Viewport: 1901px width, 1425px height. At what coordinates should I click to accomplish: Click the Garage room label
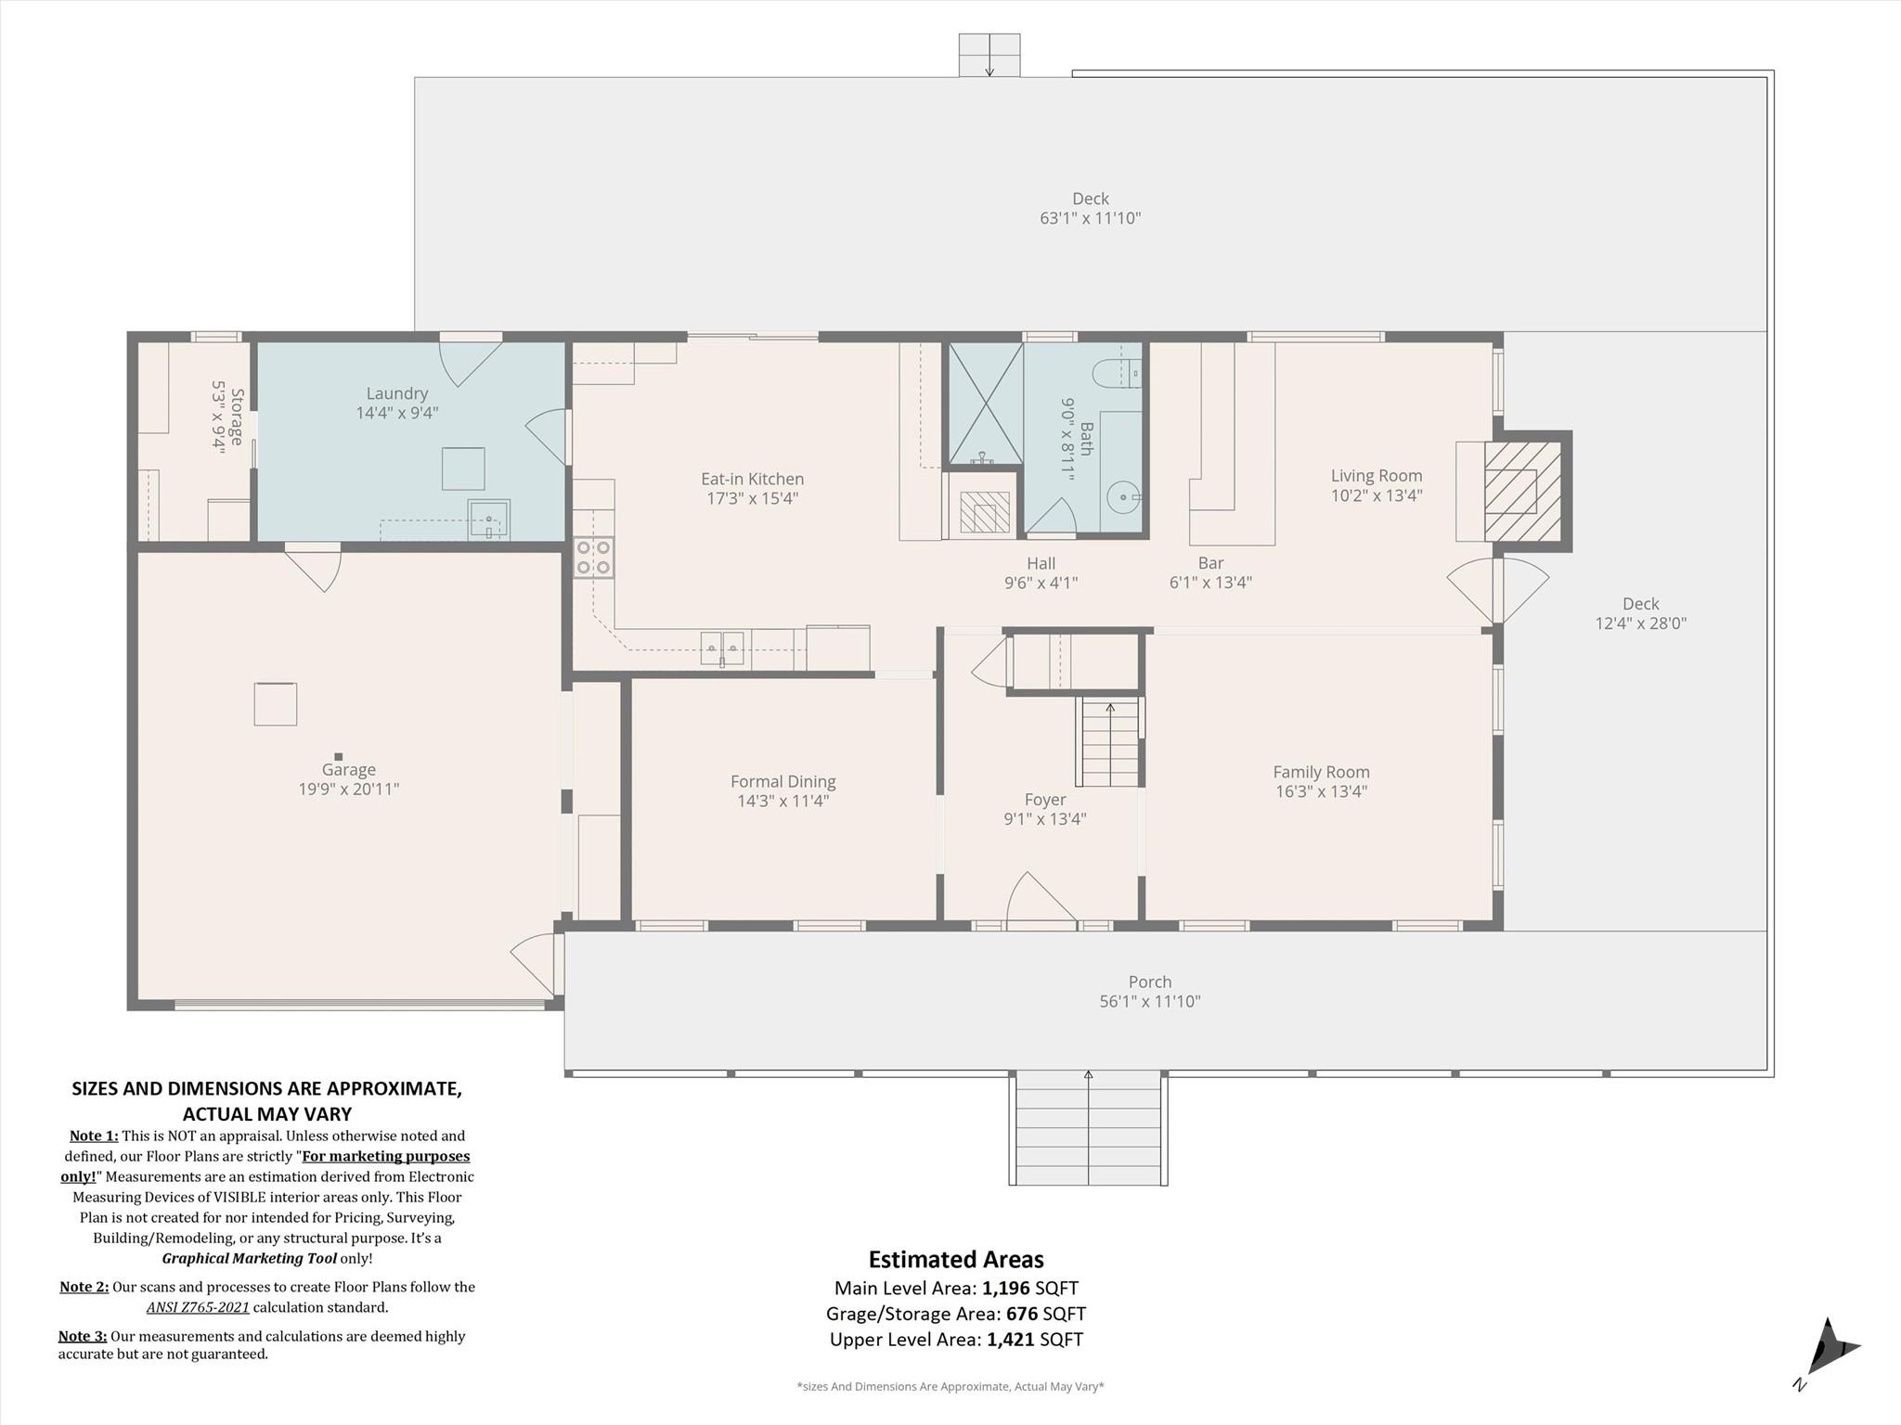348,769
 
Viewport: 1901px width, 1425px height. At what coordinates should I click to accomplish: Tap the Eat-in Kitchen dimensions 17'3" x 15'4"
752,498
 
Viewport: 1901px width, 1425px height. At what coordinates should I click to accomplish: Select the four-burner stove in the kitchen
593,557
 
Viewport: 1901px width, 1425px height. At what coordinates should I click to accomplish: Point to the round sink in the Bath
1123,497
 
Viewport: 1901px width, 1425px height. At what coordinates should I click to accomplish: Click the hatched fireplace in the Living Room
1521,492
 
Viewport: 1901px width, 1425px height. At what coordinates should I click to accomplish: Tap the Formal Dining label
782,781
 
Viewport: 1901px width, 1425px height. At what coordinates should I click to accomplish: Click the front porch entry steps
1088,1126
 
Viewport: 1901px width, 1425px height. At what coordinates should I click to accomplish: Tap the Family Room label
1321,772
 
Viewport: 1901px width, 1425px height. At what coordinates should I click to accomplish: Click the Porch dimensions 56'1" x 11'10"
1150,1001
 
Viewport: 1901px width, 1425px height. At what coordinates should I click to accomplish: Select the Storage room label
237,417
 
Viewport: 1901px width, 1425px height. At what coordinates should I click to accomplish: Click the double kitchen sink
722,647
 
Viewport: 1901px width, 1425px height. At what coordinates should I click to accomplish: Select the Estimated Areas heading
955,1259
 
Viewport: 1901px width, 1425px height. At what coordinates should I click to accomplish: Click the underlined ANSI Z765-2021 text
198,1307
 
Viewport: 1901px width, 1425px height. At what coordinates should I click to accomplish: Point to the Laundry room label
396,393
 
